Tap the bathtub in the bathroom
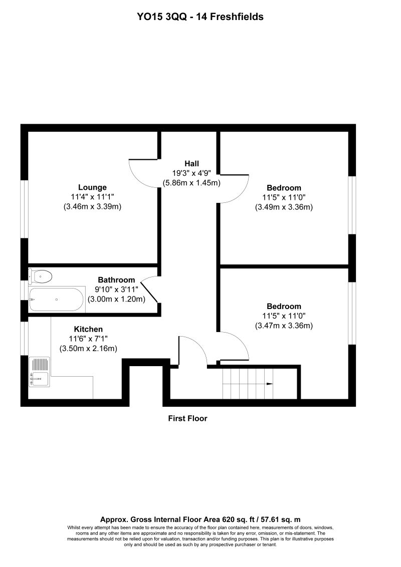tap(56, 299)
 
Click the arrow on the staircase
tap(269, 384)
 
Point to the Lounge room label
tap(92, 187)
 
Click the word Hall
tap(191, 163)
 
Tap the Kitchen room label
tap(88, 329)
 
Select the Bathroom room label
tap(116, 280)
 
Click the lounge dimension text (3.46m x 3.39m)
tap(93, 206)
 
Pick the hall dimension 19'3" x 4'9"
tap(191, 173)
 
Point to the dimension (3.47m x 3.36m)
tap(284, 326)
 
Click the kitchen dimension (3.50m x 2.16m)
tap(89, 348)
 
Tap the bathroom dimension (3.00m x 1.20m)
tap(116, 299)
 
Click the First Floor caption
tap(187, 418)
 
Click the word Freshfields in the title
tap(237, 17)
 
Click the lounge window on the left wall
tap(24, 208)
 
